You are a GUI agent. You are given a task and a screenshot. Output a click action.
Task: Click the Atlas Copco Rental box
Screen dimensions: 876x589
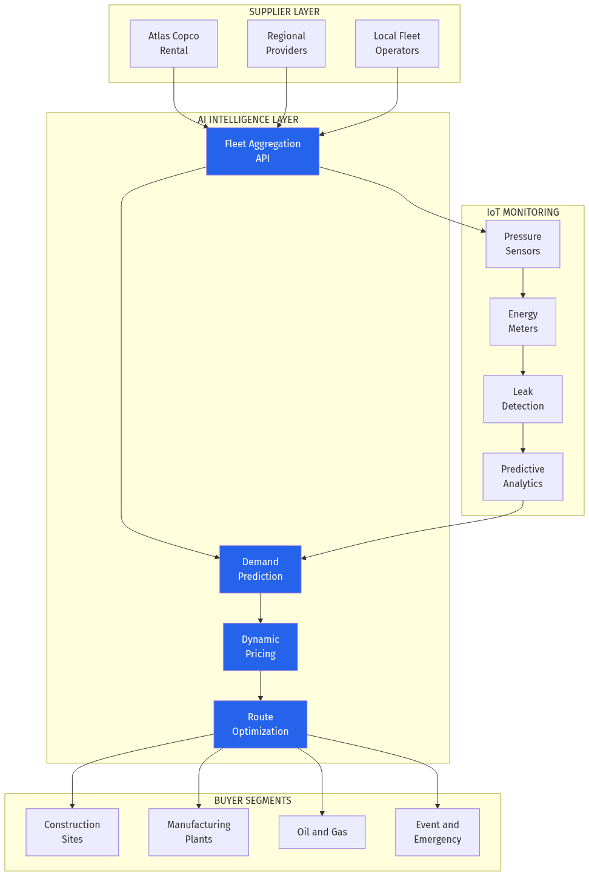pyautogui.click(x=173, y=44)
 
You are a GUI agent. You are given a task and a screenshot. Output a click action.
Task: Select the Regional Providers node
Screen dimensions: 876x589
pyautogui.click(x=286, y=44)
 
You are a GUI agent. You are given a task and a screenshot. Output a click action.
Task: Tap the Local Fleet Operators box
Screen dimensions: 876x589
pyautogui.click(x=397, y=44)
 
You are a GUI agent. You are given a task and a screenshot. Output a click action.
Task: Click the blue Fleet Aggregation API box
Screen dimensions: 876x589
pyautogui.click(x=262, y=151)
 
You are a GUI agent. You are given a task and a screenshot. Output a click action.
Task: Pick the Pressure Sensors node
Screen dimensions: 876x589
pyautogui.click(x=522, y=244)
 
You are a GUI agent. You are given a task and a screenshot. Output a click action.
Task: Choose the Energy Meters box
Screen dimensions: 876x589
pyautogui.click(x=522, y=322)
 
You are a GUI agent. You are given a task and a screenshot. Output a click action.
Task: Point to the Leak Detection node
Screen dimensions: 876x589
pyautogui.click(x=522, y=399)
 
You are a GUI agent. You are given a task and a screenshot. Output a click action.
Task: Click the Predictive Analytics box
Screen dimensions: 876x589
pyautogui.click(x=522, y=477)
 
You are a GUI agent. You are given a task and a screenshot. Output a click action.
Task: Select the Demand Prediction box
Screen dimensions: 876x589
pyautogui.click(x=260, y=569)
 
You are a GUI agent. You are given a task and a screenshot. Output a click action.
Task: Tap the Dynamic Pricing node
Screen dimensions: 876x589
pyautogui.click(x=260, y=647)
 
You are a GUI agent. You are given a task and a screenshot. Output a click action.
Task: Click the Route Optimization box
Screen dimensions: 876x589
pyautogui.click(x=260, y=725)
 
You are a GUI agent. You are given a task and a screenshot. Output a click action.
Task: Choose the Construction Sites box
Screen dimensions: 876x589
pyautogui.click(x=72, y=832)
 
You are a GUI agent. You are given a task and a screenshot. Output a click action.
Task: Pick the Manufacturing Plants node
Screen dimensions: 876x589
pyautogui.click(x=199, y=832)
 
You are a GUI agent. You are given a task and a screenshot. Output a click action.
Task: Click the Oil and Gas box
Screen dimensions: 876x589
pyautogui.click(x=322, y=832)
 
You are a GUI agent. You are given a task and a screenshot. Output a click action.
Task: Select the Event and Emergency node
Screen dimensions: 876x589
pyautogui.click(x=438, y=832)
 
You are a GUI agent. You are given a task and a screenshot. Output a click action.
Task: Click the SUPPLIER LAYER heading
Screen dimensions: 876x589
pyautogui.click(x=284, y=12)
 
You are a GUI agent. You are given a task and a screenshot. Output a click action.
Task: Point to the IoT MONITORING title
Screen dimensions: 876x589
pyautogui.click(x=523, y=213)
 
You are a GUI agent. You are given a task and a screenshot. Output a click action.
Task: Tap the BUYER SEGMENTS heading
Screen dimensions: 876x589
pyautogui.click(x=253, y=801)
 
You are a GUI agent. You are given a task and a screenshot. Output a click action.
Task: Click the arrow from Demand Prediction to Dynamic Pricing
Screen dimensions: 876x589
pyautogui.click(x=261, y=608)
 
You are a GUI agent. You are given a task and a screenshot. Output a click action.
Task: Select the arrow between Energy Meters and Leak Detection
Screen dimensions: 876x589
pyautogui.click(x=523, y=360)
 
